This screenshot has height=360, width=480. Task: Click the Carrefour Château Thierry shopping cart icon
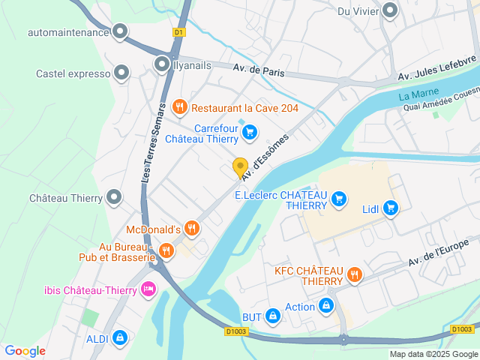pos(250,133)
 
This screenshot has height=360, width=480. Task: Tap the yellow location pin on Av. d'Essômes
pos(240,168)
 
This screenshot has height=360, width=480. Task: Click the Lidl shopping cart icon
pos(390,208)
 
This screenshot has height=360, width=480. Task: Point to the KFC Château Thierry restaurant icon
pos(355,274)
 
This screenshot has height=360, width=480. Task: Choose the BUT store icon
pos(273,317)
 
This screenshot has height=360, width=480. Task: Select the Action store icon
pos(326,306)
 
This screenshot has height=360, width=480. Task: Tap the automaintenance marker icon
pos(120,31)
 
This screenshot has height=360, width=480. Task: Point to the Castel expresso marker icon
pos(122,73)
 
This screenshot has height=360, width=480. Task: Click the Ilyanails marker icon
pos(162,64)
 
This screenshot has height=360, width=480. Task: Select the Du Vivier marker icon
pos(390,10)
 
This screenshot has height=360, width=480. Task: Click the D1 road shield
pos(178,32)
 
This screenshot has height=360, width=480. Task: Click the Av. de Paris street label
pos(256,70)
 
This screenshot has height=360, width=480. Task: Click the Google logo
pos(25,351)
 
